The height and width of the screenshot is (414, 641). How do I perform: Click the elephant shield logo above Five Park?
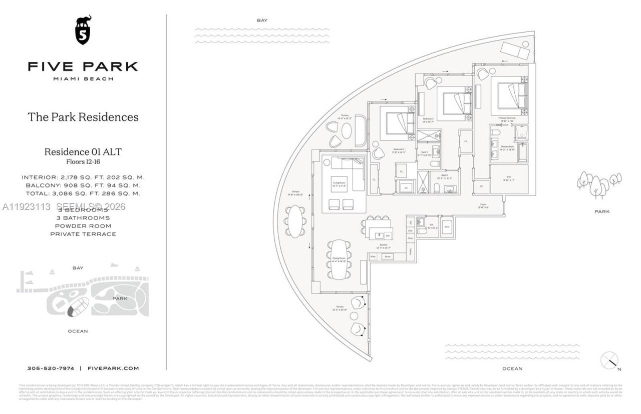pyautogui.click(x=83, y=29)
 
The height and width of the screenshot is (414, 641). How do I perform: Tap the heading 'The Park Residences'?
pyautogui.click(x=83, y=117)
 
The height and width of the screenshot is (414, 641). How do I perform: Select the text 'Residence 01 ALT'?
pyautogui.click(x=83, y=151)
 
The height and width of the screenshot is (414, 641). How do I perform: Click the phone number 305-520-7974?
pyautogui.click(x=51, y=368)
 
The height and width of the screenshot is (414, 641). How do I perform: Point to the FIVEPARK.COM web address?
pyautogui.click(x=113, y=368)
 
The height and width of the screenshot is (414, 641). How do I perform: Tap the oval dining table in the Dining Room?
pyautogui.click(x=339, y=259)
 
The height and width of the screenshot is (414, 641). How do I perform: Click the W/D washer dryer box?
pyautogui.click(x=447, y=226)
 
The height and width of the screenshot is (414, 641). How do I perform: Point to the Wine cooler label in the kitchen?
pyautogui.click(x=373, y=256)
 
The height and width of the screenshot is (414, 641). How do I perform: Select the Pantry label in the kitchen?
pyautogui.click(x=410, y=251)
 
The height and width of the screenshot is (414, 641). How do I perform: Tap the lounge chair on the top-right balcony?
pyautogui.click(x=516, y=50)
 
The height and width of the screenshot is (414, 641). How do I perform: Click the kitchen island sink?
pyautogui.click(x=380, y=235)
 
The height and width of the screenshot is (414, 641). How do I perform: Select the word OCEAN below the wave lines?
pyautogui.click(x=512, y=368)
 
